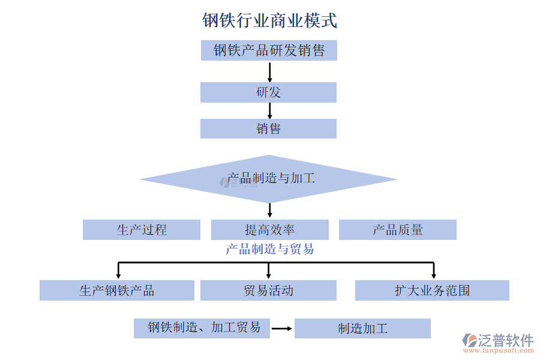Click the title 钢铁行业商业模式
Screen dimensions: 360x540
tap(269, 21)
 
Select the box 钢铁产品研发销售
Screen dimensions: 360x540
tap(269, 50)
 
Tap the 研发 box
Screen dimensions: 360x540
tap(268, 92)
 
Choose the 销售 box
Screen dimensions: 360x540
tap(268, 128)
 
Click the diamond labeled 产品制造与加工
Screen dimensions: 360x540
tap(269, 179)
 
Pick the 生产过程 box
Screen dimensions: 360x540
tap(142, 230)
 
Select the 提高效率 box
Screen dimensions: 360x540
tap(269, 230)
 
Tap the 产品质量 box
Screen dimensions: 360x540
tap(397, 230)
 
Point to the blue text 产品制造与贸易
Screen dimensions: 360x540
tap(269, 249)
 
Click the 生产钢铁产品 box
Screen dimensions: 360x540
tap(117, 290)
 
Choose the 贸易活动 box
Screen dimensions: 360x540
tap(268, 290)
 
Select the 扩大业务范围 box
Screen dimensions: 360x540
tap(432, 290)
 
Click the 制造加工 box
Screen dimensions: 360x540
tap(362, 328)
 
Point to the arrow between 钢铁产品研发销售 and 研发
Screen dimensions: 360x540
tap(269, 71)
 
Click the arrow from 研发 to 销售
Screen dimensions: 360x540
tap(269, 110)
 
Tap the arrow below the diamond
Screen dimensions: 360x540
tap(269, 210)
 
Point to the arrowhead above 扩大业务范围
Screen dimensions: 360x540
tap(433, 274)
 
